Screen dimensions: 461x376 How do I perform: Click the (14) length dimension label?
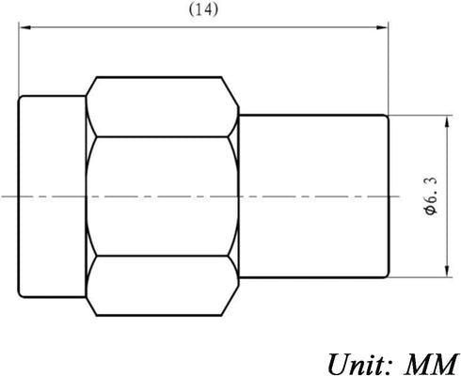coord(203,10)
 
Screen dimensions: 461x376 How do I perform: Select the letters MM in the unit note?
coord(430,364)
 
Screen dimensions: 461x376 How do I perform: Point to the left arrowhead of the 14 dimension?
coord(24,27)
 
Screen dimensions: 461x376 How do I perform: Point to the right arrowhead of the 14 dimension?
coord(382,27)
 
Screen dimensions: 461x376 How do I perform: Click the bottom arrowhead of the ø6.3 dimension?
coord(447,271)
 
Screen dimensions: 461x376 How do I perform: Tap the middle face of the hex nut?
coord(162,196)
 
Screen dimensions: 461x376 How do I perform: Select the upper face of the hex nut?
coord(162,107)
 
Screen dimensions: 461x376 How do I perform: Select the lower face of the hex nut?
coord(162,286)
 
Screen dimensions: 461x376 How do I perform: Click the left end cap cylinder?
coord(52,196)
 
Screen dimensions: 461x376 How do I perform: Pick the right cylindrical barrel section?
coord(313,196)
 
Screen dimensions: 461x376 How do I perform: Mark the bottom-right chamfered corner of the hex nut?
coord(230,301)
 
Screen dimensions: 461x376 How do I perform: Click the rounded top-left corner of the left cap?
coord(20,97)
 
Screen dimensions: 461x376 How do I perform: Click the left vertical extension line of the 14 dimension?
coord(19,59)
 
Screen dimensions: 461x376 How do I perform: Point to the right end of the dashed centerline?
coord(400,196)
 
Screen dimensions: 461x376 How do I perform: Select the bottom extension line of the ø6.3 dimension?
coord(421,277)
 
